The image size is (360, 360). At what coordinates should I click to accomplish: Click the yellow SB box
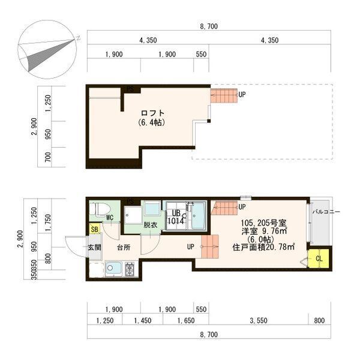pos(94,229)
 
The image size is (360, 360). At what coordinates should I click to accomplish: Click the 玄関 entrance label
pos(95,247)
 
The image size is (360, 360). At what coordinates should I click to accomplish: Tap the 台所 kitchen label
pos(123,247)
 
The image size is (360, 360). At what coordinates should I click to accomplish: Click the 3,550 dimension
pos(259,321)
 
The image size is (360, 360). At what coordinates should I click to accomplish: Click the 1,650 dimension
pos(185,321)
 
